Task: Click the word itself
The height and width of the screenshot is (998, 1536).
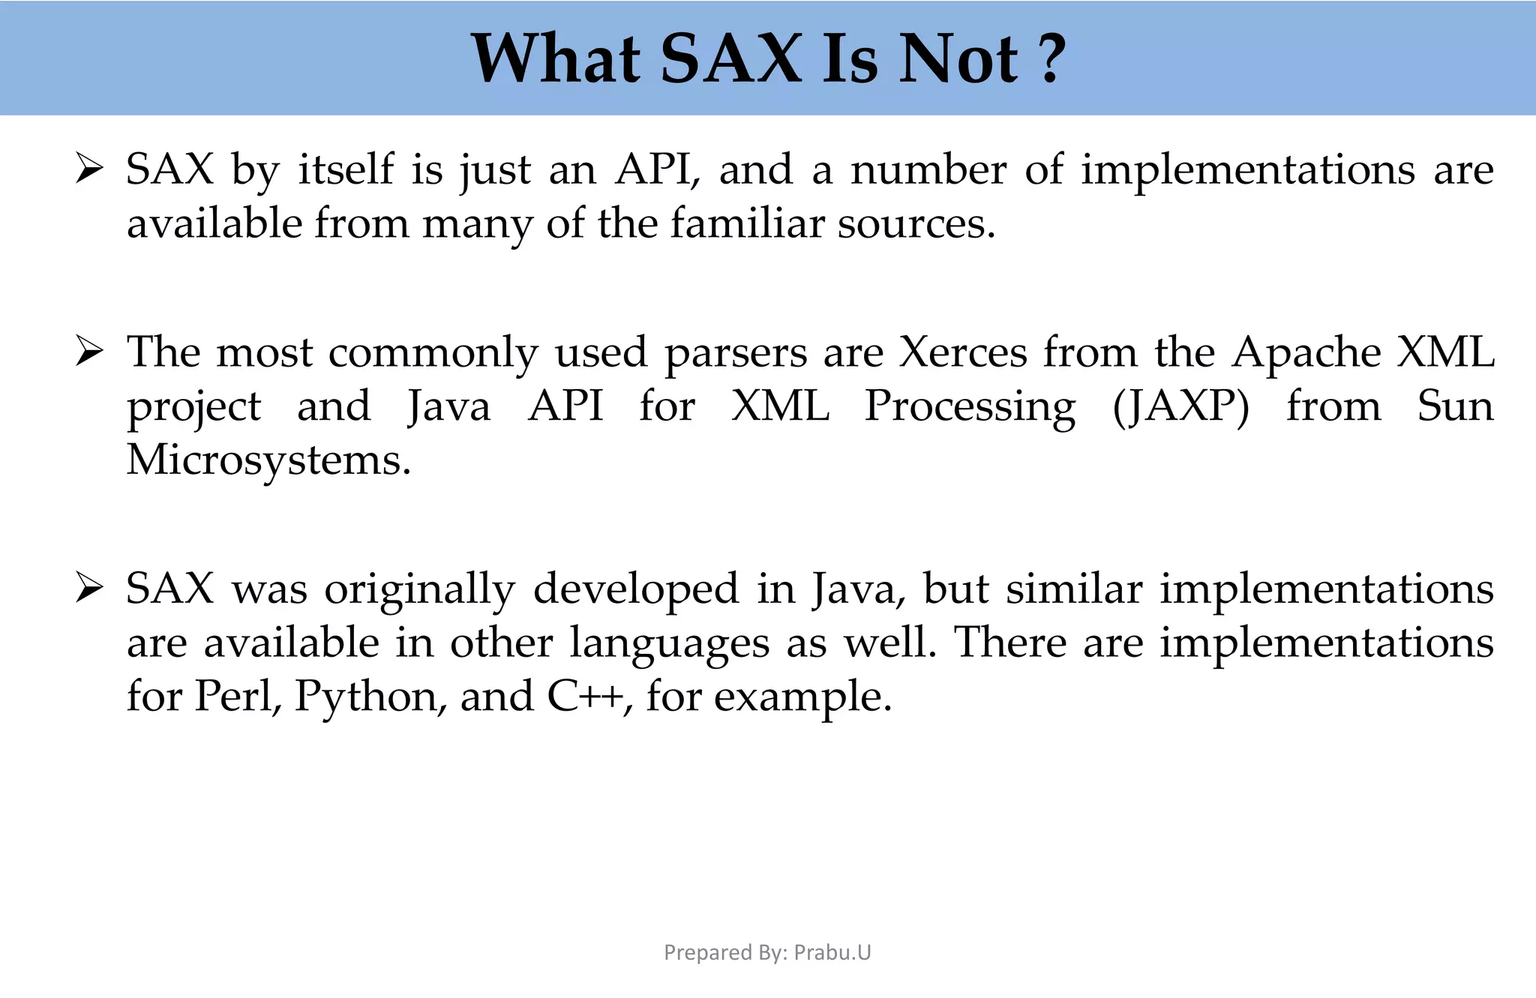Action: [x=346, y=169]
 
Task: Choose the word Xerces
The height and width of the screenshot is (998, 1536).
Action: [x=963, y=352]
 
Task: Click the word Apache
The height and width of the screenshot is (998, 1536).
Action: [x=1306, y=352]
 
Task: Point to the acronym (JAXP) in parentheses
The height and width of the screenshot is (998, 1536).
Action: [x=1181, y=406]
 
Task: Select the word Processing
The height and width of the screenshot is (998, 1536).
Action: [x=970, y=408]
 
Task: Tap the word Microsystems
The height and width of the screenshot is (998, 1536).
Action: [x=268, y=460]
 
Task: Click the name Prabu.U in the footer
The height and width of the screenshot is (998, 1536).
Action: [x=832, y=952]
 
